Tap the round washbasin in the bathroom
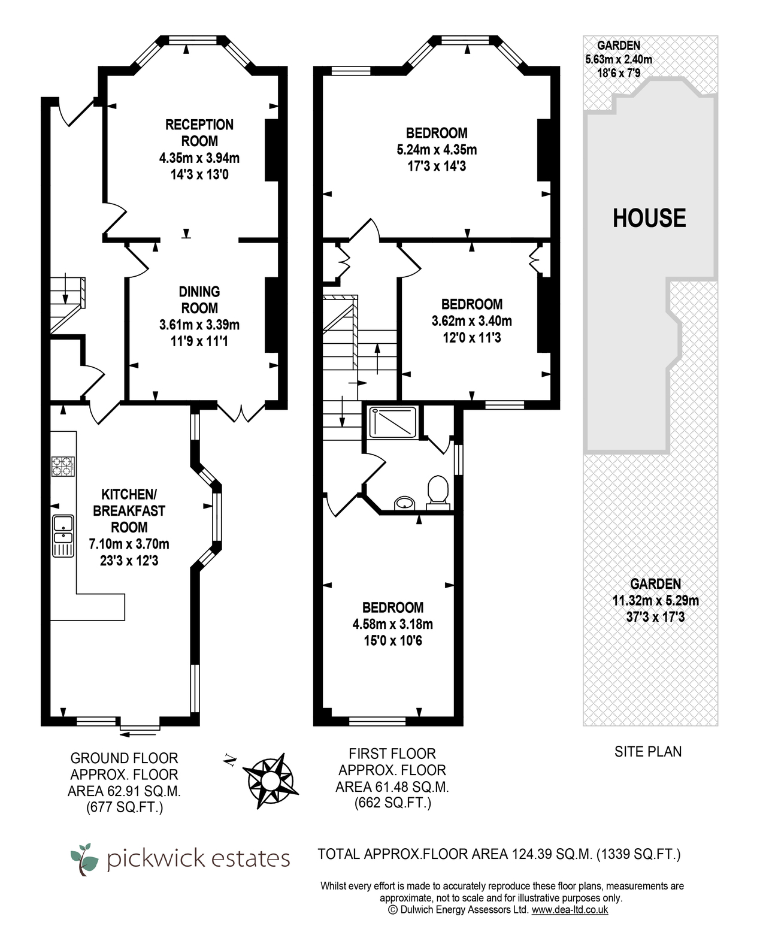coord(404,503)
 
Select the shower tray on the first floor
coord(392,422)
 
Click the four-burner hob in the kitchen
coord(63,466)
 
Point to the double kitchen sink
coord(63,536)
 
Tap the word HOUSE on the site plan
coord(649,218)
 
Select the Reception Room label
coord(199,133)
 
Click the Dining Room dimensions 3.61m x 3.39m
coord(199,325)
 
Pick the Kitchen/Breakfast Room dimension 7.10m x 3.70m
coord(129,544)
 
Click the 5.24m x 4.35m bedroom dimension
coord(437,150)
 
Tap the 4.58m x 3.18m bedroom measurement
coord(392,624)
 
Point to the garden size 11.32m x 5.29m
coord(656,601)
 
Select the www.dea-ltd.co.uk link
coord(570,910)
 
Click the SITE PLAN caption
coord(648,752)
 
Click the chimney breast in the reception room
coord(272,150)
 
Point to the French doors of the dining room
coord(241,412)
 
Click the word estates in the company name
coord(250,858)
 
